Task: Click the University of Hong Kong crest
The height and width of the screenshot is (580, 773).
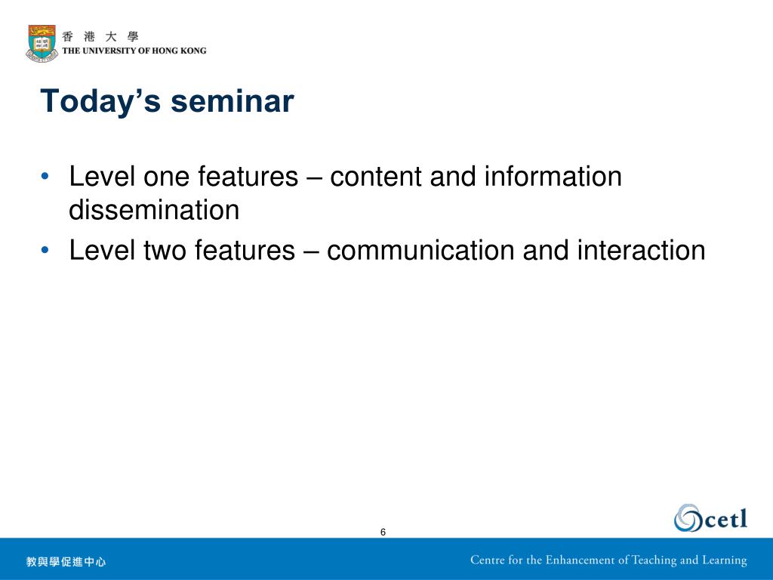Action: click(x=42, y=43)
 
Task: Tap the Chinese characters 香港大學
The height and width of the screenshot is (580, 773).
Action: click(x=100, y=36)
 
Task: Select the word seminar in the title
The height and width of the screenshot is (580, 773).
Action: click(x=233, y=101)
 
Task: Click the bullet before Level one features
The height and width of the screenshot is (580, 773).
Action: click(x=45, y=176)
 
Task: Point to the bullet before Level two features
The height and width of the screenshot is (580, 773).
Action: click(x=45, y=250)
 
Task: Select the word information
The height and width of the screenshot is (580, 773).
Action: click(x=553, y=176)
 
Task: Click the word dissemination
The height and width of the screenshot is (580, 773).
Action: click(x=154, y=210)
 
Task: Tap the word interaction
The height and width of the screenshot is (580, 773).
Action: click(x=642, y=250)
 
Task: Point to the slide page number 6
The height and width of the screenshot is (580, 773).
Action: click(x=383, y=532)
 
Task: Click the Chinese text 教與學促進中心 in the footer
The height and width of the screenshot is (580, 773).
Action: click(x=66, y=561)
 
